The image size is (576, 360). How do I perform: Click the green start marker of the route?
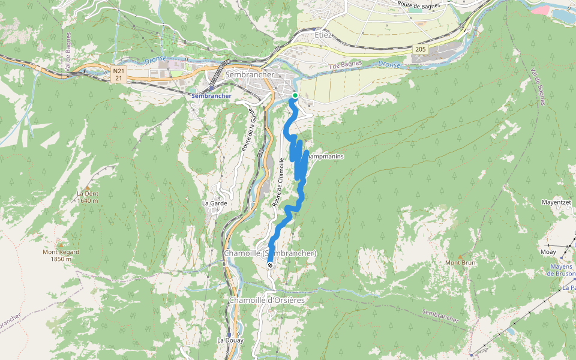(295, 95)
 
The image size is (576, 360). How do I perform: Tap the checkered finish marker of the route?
(270, 265)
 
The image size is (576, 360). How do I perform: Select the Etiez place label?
(323, 35)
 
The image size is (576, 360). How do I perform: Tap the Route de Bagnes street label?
(418, 4)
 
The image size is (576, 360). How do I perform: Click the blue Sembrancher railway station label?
(211, 96)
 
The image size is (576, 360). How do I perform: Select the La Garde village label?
(214, 203)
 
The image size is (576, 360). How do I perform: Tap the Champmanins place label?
(326, 157)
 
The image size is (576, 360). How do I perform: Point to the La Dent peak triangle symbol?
(88, 187)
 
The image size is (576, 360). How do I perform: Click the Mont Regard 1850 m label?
(61, 256)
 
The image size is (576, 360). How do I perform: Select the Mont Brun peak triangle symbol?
(461, 256)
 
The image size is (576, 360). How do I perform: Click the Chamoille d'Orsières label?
(267, 300)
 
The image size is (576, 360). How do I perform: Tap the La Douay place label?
(230, 340)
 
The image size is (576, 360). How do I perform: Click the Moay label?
(548, 252)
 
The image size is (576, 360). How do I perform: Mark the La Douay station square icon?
(230, 334)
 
